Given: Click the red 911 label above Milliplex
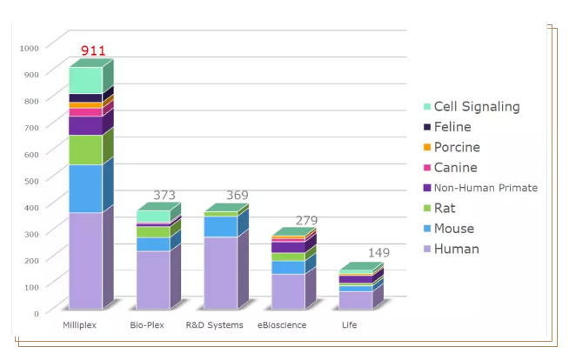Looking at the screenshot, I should click(x=93, y=51).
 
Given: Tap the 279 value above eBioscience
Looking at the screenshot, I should click(x=307, y=221).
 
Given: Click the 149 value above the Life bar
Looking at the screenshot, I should click(x=378, y=253).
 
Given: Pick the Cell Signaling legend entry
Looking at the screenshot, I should click(x=476, y=107).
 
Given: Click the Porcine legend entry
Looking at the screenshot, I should click(x=457, y=147).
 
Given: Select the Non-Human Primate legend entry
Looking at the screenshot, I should click(x=485, y=188).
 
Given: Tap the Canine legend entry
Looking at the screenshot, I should click(x=455, y=168).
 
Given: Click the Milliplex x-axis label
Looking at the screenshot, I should click(x=79, y=325).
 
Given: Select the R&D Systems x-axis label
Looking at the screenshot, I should click(x=215, y=325).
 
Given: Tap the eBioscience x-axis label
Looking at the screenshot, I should click(x=282, y=325).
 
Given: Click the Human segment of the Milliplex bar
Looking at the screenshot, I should click(x=85, y=261).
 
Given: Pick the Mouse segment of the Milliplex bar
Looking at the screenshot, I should click(x=85, y=189).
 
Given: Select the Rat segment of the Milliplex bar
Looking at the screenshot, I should click(x=85, y=150).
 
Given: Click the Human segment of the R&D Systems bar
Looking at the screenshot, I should click(x=220, y=273).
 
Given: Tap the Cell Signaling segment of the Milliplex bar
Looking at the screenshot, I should click(x=85, y=80).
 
